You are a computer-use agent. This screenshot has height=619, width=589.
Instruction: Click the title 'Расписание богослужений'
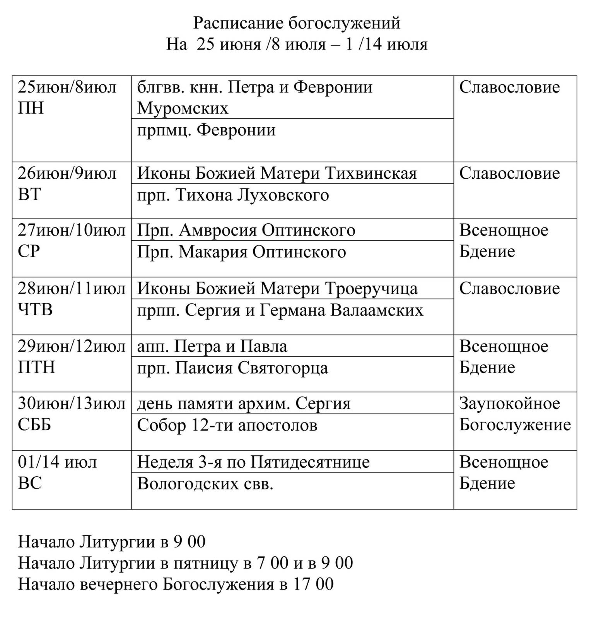pyautogui.click(x=297, y=23)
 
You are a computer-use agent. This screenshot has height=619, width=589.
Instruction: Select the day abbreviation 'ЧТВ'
pyautogui.click(x=35, y=310)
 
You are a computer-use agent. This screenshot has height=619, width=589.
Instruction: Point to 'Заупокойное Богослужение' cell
pyautogui.click(x=515, y=414)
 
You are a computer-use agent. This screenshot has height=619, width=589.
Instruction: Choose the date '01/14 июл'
pyautogui.click(x=57, y=462)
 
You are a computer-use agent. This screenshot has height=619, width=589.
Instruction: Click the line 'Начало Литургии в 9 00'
pyautogui.click(x=112, y=542)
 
